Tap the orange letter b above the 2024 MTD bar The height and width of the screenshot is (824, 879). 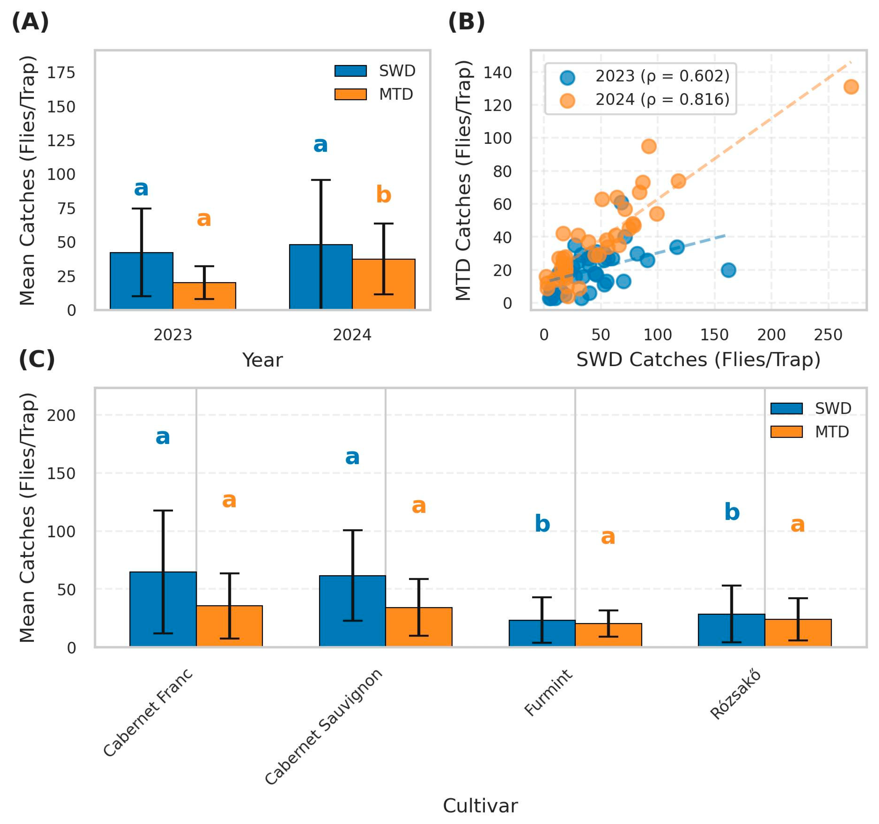pyautogui.click(x=383, y=195)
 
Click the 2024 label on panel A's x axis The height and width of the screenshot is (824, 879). pyautogui.click(x=352, y=335)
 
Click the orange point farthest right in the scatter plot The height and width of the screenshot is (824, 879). pyautogui.click(x=851, y=87)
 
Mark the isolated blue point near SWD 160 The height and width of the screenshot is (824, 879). pyautogui.click(x=728, y=270)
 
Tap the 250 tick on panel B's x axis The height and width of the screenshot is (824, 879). pyautogui.click(x=828, y=335)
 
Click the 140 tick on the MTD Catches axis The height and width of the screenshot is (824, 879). pyautogui.click(x=497, y=72)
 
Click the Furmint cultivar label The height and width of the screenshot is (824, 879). pyautogui.click(x=549, y=693)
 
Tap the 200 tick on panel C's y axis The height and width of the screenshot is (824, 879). pyautogui.click(x=62, y=416)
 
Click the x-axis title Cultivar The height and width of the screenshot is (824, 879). pyautogui.click(x=480, y=806)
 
